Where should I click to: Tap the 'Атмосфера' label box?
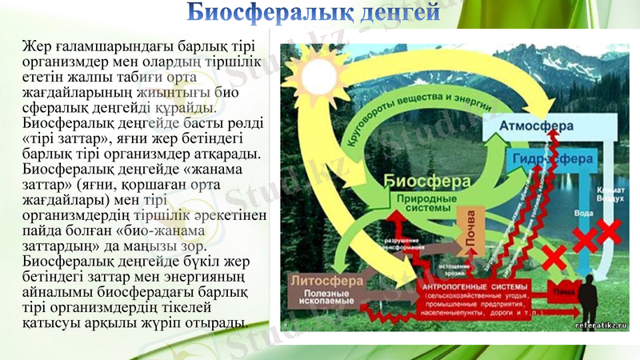537,126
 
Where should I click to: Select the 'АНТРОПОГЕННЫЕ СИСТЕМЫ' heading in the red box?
473,286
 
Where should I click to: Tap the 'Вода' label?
584,214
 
